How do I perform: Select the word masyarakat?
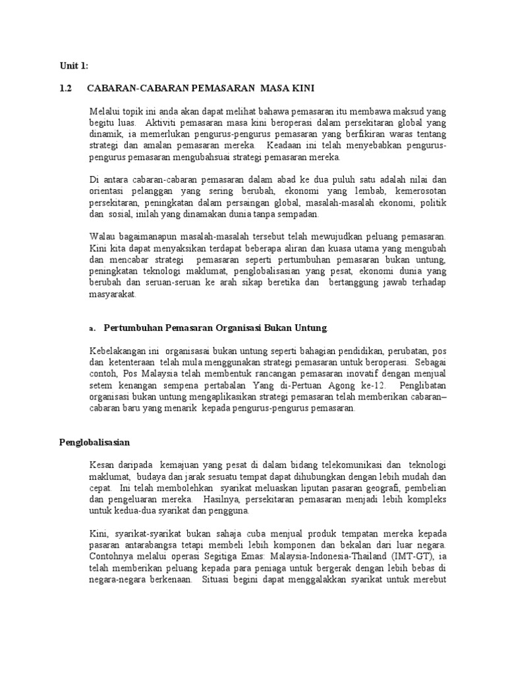point(113,294)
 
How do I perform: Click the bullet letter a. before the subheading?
point(92,329)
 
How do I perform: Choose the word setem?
point(101,386)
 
